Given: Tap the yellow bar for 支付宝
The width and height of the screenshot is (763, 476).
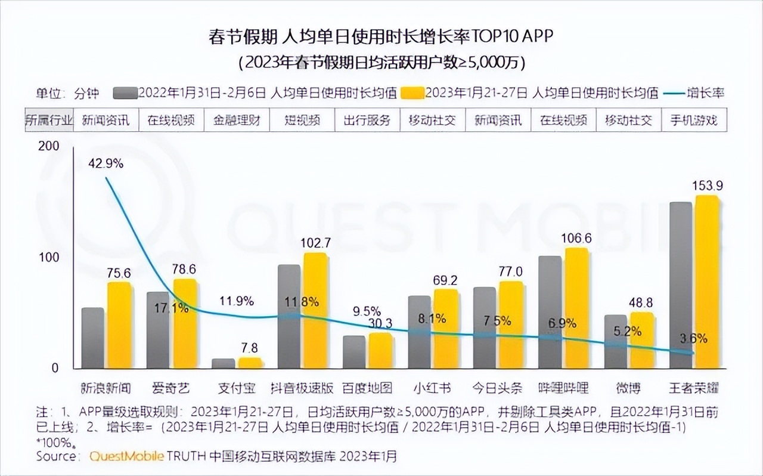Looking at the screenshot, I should (x=250, y=363).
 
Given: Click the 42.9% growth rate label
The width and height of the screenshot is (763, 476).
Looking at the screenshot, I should (x=106, y=163).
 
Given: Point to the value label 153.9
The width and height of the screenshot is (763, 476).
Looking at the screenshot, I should (x=708, y=186).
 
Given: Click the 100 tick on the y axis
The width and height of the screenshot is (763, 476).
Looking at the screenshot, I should (x=50, y=257).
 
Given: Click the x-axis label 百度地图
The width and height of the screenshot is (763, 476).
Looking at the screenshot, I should (x=367, y=388).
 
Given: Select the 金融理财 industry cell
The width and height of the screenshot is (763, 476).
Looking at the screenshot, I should (x=237, y=120).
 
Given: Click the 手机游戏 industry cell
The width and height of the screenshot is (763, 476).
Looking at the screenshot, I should (x=694, y=120).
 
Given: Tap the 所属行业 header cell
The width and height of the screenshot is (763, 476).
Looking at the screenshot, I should (x=49, y=120).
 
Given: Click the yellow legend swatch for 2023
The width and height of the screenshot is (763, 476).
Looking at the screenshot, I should (x=412, y=93).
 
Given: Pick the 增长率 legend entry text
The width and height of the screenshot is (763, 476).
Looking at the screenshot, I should (x=705, y=93).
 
